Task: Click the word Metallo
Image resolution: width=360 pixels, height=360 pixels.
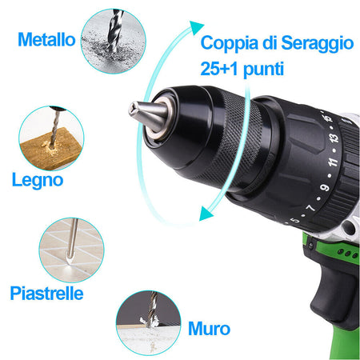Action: (46, 40)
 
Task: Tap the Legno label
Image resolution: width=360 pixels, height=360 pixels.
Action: (38, 180)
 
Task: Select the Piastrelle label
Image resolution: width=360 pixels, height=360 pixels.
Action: (46, 294)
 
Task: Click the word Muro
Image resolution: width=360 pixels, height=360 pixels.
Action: (209, 329)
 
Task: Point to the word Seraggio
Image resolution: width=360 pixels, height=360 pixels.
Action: (318, 43)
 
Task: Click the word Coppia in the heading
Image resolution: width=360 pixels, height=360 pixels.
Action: (230, 43)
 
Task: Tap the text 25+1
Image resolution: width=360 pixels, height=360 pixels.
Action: (219, 69)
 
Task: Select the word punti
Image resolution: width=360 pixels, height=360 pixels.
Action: (263, 70)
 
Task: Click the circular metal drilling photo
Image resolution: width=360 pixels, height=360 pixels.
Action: (114, 41)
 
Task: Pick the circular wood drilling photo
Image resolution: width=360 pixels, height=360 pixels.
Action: (51, 138)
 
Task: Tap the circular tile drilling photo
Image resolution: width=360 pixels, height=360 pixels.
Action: (71, 250)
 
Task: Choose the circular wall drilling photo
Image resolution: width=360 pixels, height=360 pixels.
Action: (149, 323)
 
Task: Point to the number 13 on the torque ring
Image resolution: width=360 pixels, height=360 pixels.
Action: (334, 138)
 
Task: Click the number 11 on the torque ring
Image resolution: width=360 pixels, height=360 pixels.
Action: (333, 162)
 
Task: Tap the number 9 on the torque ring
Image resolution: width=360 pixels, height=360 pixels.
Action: (325, 187)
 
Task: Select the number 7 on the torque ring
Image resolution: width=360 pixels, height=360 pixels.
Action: (310, 207)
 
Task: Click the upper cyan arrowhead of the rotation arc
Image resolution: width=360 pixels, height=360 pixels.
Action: (196, 27)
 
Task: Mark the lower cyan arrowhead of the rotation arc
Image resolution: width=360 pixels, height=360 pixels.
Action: (206, 214)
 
